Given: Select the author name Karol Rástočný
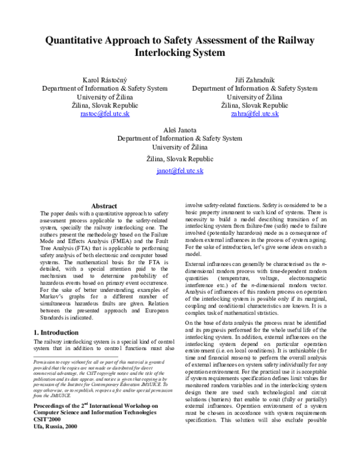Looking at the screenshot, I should click(x=105, y=80).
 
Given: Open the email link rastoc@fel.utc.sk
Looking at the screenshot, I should click(x=105, y=113).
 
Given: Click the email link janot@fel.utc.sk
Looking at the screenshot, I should click(x=180, y=171).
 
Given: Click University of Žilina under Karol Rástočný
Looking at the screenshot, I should click(x=105, y=97).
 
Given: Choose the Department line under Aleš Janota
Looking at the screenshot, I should click(x=180, y=138).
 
